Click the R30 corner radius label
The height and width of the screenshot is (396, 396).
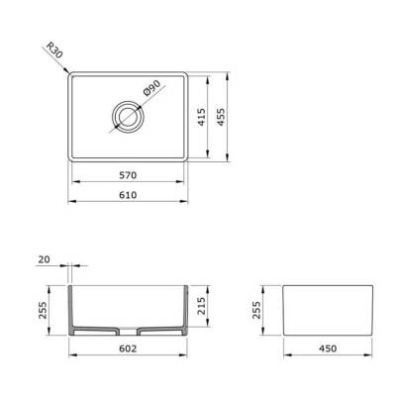coord(54,50)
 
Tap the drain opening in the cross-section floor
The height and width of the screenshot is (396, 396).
coord(130,330)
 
